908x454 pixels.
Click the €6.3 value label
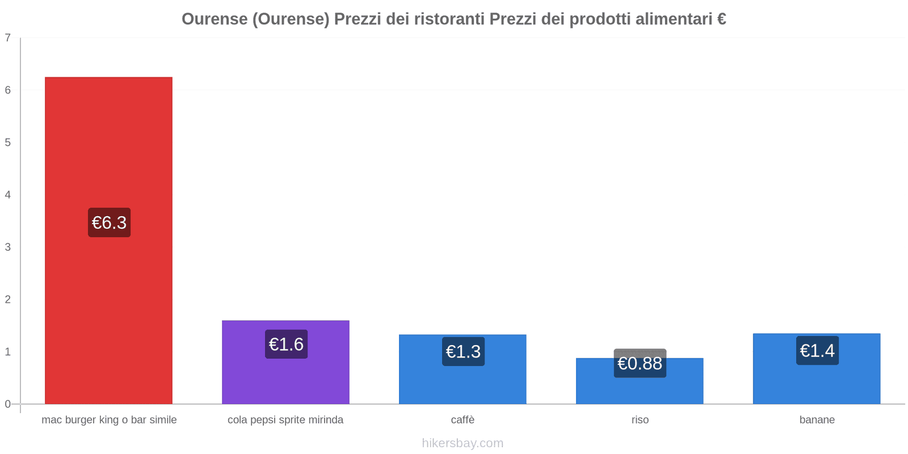(x=109, y=222)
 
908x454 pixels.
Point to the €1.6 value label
(x=286, y=344)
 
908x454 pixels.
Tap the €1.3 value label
(x=463, y=351)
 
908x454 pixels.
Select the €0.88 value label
(x=640, y=363)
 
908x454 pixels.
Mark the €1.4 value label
(x=817, y=351)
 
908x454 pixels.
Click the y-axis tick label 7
(x=8, y=38)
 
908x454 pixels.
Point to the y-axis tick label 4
(x=8, y=195)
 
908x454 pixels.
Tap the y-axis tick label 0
(x=8, y=404)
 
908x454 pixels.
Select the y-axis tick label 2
(x=8, y=299)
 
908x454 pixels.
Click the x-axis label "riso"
(x=640, y=420)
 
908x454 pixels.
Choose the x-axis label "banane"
(x=817, y=420)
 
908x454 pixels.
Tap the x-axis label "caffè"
(x=463, y=420)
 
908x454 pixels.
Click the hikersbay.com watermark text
(x=463, y=443)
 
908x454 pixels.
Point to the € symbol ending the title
(x=721, y=19)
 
